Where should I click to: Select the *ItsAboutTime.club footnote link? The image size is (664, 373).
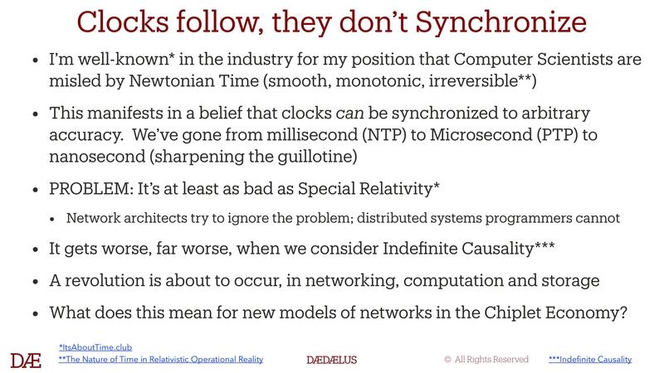click(x=95, y=347)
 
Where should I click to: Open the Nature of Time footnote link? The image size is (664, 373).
click(x=161, y=360)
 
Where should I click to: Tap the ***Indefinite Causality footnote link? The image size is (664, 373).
click(x=590, y=360)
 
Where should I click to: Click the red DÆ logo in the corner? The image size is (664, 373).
click(x=26, y=360)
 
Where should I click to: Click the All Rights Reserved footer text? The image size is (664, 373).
click(x=486, y=360)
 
